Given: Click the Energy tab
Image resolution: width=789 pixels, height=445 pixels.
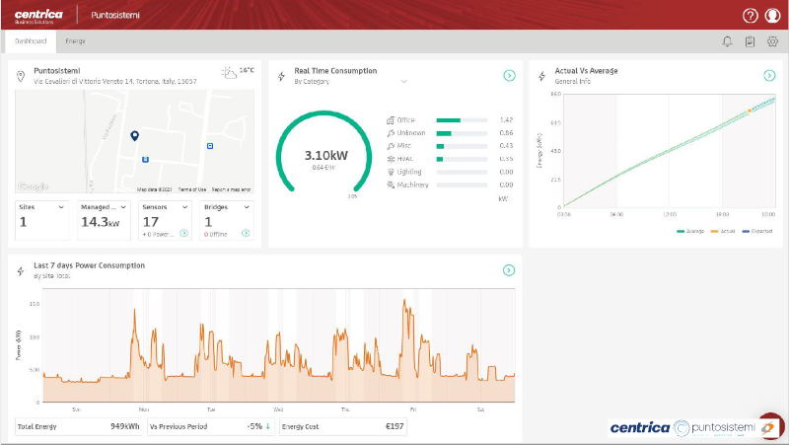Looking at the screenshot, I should [75, 41].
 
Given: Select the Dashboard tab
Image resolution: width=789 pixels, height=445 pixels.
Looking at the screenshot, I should [31, 41].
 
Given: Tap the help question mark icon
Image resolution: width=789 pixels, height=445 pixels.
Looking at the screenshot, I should [751, 16].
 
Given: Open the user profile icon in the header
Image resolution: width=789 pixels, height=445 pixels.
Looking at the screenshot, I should [772, 16].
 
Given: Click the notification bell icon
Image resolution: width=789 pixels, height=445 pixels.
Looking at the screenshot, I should [728, 41].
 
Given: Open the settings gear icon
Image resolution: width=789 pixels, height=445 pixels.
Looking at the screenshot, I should [772, 41].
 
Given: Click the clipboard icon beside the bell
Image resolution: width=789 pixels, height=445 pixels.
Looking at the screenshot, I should [750, 41].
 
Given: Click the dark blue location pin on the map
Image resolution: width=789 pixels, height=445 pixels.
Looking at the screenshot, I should [134, 136].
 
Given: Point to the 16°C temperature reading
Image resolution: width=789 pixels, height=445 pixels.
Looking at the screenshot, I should [247, 71].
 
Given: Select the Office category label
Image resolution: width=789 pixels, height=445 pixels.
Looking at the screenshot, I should [405, 119].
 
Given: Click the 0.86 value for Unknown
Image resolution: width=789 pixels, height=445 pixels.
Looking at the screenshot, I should [506, 132].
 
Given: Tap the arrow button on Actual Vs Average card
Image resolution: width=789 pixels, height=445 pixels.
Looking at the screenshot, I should [769, 76].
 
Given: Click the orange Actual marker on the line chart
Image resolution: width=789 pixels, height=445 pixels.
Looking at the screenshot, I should [749, 111].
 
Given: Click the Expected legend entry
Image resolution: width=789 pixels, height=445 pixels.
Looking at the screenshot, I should [757, 231].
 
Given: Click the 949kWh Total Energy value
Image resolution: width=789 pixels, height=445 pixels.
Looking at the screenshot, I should [125, 427].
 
